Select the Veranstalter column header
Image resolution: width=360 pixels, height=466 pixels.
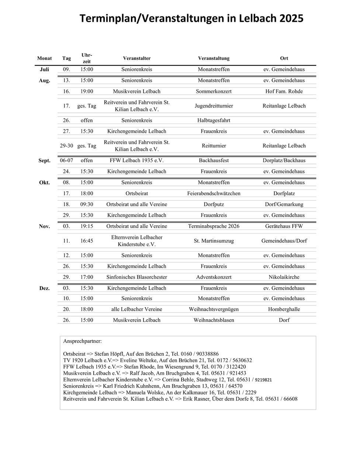tap(136, 58)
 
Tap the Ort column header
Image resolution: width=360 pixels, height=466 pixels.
tap(284, 58)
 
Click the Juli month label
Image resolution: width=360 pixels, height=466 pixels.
tap(44, 69)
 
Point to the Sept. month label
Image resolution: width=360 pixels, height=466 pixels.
tap(44, 160)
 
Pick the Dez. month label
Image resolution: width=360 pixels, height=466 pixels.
tap(44, 288)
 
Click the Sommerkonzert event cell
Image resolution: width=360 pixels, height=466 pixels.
tap(214, 91)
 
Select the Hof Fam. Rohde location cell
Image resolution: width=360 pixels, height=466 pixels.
tap(284, 91)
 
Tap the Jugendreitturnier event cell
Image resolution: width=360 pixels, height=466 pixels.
tap(214, 106)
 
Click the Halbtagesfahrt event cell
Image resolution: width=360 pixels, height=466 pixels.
tap(214, 120)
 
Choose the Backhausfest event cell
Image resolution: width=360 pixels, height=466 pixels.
tap(214, 160)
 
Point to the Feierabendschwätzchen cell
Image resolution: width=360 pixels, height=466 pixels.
tap(214, 193)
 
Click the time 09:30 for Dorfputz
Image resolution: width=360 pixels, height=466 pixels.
tap(87, 204)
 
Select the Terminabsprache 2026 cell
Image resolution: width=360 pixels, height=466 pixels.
tap(214, 226)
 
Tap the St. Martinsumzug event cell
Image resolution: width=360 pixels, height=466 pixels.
tap(214, 241)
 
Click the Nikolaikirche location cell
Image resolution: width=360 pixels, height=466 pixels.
tap(284, 277)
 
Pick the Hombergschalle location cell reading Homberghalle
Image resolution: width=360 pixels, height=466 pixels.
tap(284, 309)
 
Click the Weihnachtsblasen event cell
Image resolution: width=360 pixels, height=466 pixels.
tap(214, 320)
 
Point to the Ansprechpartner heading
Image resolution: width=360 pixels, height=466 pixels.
tap(82, 341)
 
